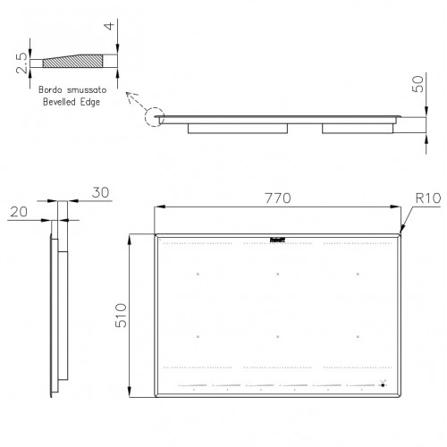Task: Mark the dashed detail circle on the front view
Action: [x=154, y=117]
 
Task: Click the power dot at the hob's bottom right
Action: [x=383, y=386]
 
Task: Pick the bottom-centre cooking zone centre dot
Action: [x=278, y=337]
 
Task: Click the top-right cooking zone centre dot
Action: [x=358, y=274]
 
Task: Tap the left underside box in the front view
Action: [x=239, y=128]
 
